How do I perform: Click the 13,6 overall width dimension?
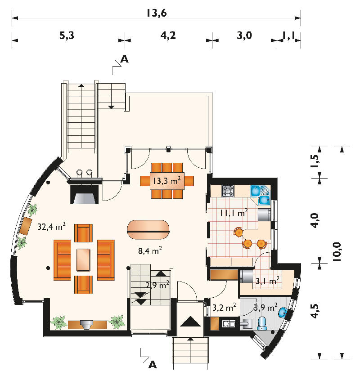[157, 13]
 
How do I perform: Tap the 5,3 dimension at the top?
[67, 36]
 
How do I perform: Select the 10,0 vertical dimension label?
[337, 252]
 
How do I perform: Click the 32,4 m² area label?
[51, 226]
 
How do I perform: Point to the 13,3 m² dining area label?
[166, 180]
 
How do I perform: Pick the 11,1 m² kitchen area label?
[234, 213]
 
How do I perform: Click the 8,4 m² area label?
[150, 250]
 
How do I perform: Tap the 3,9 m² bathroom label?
[265, 308]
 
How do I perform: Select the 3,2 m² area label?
[224, 308]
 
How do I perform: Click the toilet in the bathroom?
[262, 323]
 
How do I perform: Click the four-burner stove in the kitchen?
[228, 191]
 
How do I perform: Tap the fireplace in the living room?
[85, 194]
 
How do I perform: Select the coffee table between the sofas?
[83, 260]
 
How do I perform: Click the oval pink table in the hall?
[148, 229]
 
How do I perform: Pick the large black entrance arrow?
[190, 322]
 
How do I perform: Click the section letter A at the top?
[125, 59]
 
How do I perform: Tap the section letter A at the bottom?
[153, 365]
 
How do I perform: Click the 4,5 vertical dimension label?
[315, 311]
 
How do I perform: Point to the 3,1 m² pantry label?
[267, 281]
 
